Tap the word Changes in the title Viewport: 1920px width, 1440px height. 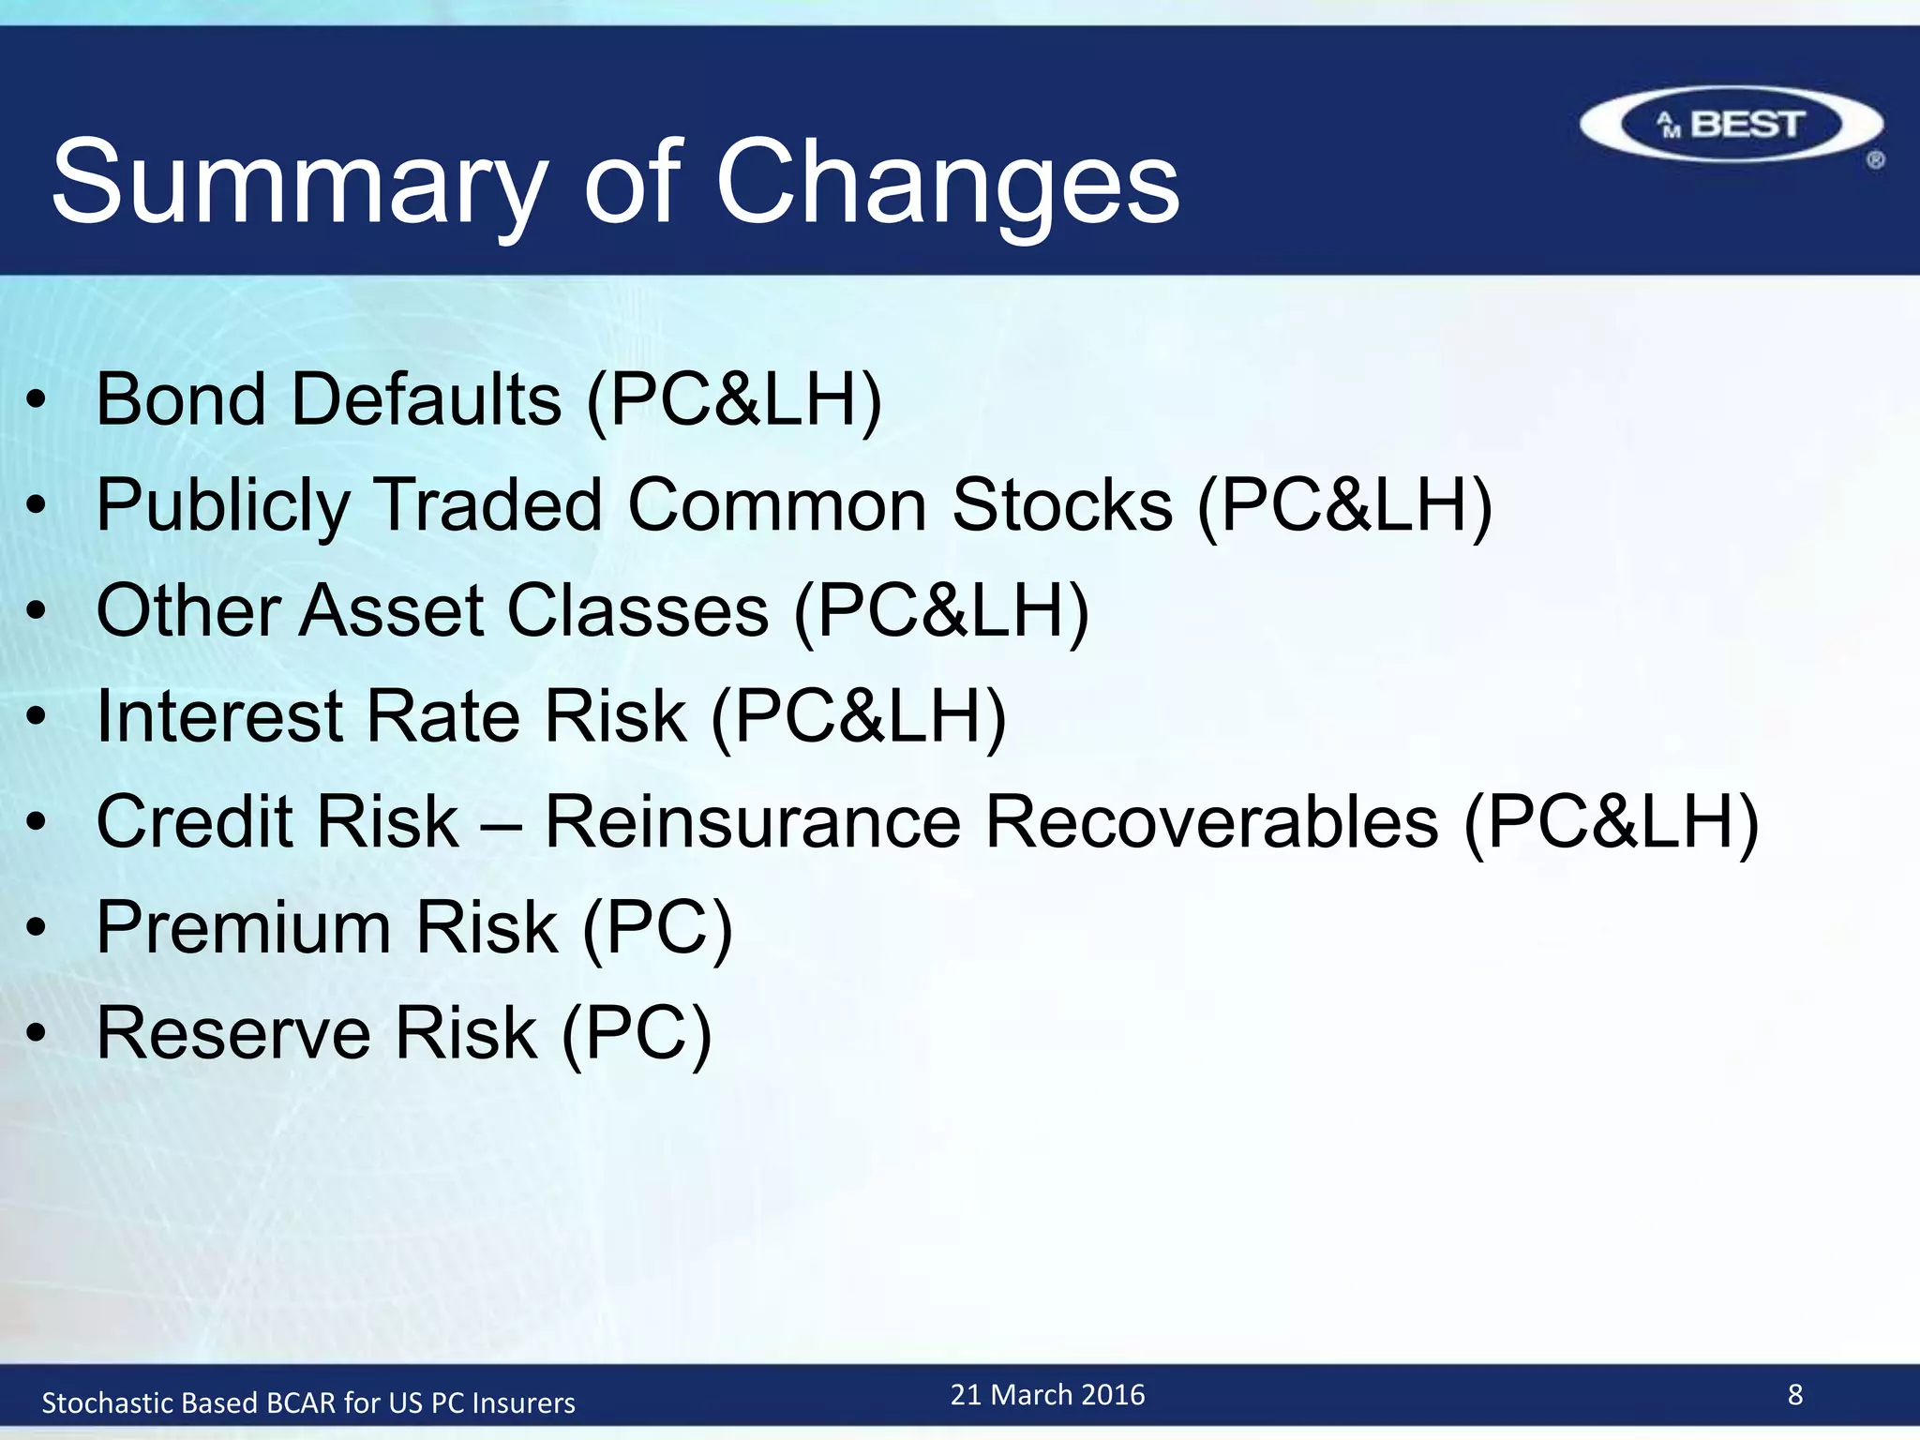coord(947,183)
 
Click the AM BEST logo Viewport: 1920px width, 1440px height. coord(1732,125)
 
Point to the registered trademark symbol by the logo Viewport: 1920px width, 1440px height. coord(1875,160)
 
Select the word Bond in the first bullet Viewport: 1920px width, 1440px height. coord(181,399)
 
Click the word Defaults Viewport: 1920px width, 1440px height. coord(427,399)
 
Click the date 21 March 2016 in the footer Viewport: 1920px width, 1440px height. coord(1047,1395)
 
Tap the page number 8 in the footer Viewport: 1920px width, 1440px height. coord(1794,1395)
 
